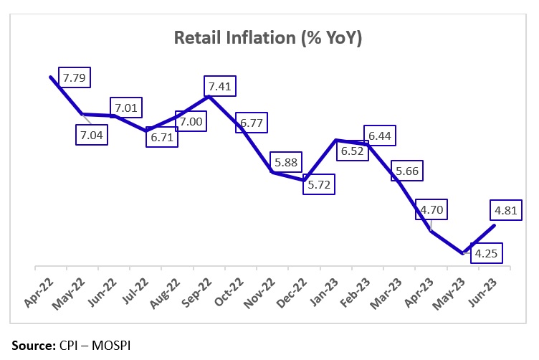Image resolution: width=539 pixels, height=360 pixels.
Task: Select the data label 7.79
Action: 75,77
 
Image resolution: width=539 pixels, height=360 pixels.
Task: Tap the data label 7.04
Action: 92,134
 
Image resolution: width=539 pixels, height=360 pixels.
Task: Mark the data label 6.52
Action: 351,153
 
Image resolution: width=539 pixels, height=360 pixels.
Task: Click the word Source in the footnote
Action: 31,345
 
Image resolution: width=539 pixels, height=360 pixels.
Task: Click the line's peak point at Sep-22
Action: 209,96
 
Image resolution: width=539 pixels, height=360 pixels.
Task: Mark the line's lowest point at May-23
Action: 462,253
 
